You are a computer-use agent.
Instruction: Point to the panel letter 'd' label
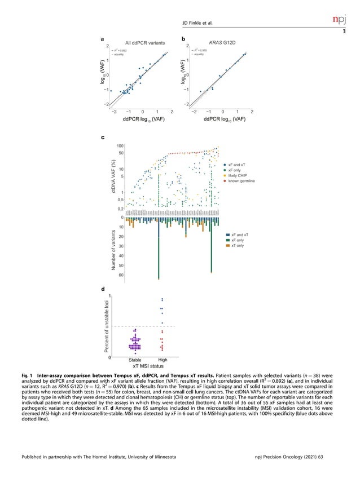click(x=102, y=289)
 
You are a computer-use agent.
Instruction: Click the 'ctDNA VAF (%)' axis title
click(x=113, y=178)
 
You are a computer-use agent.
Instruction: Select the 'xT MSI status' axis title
click(x=148, y=366)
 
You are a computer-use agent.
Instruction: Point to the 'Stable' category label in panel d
click(x=135, y=360)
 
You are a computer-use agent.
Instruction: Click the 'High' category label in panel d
click(x=163, y=360)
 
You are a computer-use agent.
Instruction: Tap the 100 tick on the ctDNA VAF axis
click(x=120, y=146)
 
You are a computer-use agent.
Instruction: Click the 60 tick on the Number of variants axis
click(x=121, y=275)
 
